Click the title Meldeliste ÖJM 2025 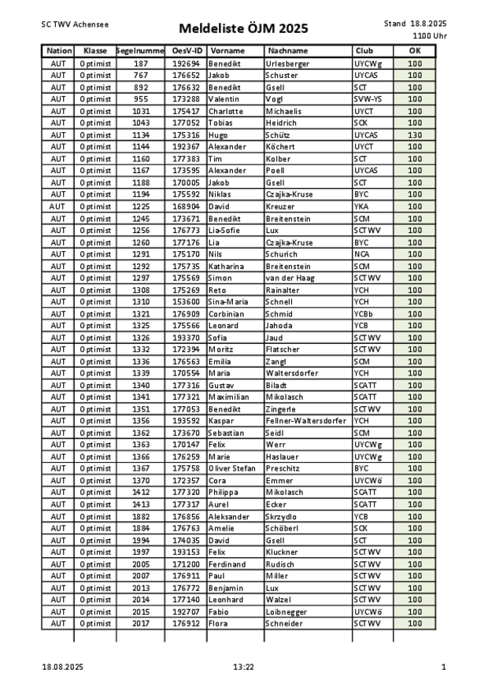tap(243, 29)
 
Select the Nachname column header tap(287, 50)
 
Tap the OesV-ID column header tap(185, 50)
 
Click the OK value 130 tap(415, 135)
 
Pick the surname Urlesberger tap(287, 63)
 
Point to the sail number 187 tap(140, 63)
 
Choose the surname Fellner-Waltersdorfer tap(306, 421)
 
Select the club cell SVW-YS tap(368, 99)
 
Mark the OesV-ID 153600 tap(186, 301)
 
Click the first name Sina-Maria tap(227, 301)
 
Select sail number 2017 tap(140, 623)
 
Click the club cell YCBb tap(364, 313)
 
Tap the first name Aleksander tap(229, 516)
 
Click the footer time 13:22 tap(244, 667)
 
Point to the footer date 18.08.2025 tap(62, 667)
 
